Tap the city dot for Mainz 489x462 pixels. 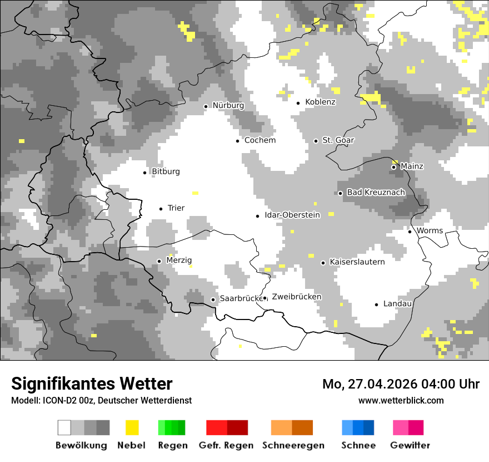tap(393, 167)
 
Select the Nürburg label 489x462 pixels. tap(228, 106)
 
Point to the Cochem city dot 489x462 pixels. tap(237, 141)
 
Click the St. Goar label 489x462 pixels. tap(338, 140)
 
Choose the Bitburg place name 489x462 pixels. tap(166, 172)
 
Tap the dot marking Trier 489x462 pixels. tap(161, 209)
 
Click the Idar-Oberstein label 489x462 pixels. tap(292, 215)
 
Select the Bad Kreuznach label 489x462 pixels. tap(376, 193)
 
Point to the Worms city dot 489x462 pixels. tap(410, 232)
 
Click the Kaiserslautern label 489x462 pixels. tap(357, 262)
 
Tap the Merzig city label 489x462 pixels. tap(179, 261)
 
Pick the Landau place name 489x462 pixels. tap(397, 304)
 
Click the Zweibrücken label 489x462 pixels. tap(296, 297)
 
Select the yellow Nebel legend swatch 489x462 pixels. tap(132, 427)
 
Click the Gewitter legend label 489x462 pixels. tap(410, 445)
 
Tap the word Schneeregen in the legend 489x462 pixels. tap(293, 445)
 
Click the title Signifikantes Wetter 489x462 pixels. tap(92, 384)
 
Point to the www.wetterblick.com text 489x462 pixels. tap(401, 401)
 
